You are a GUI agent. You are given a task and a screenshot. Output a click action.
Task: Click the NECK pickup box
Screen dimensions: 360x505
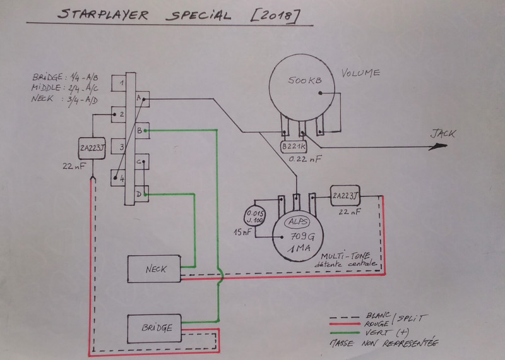click(155, 269)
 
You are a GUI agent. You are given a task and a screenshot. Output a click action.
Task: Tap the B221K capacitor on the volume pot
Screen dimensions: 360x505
click(293, 147)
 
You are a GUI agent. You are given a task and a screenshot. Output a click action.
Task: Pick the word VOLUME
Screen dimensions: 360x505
click(360, 73)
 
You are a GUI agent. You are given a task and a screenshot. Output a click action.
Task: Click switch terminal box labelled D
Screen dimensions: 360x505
click(141, 193)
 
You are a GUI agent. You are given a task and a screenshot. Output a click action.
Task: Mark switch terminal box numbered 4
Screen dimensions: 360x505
click(118, 177)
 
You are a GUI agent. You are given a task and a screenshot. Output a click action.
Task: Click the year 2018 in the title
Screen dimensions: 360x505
click(276, 15)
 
